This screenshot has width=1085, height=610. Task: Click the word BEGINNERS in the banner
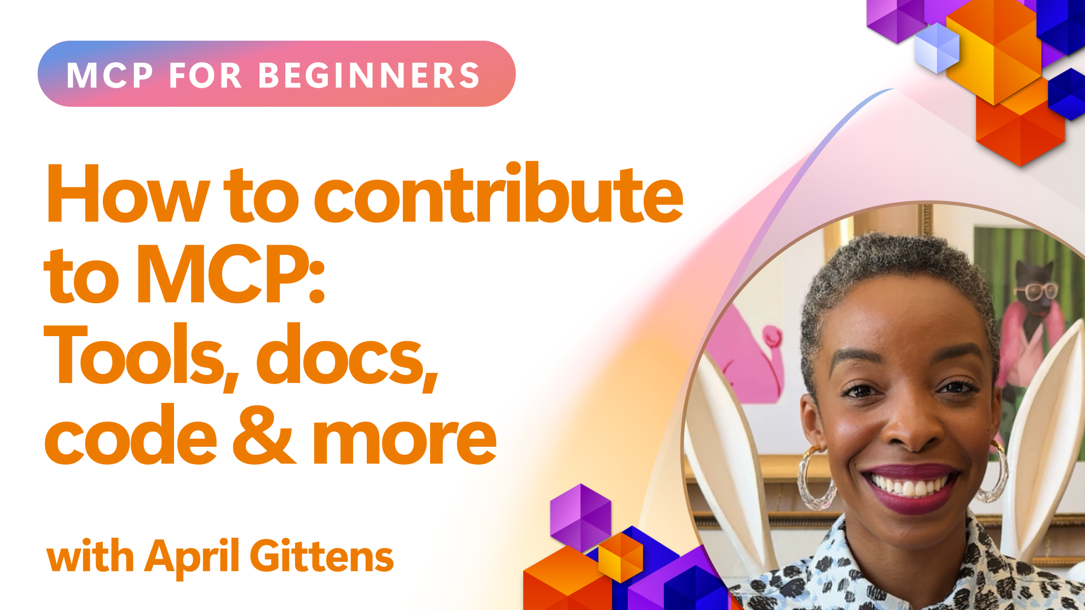(369, 75)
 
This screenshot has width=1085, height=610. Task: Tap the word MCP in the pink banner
(110, 75)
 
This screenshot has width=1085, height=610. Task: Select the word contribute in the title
(498, 193)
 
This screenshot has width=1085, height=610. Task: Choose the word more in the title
(405, 441)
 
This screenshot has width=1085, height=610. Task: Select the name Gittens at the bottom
(322, 556)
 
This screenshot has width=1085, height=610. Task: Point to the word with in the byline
(90, 556)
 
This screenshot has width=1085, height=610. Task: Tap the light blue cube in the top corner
(937, 49)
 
